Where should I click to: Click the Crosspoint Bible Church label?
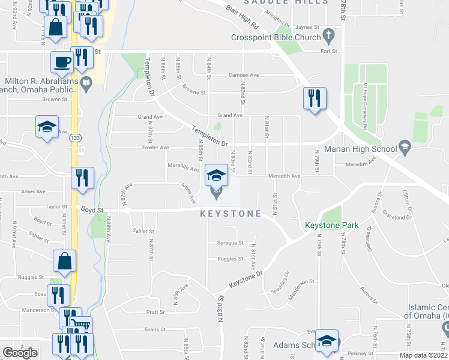[x=276, y=38]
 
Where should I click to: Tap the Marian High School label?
[x=360, y=149]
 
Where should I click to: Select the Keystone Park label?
[x=331, y=226]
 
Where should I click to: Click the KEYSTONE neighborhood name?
[x=231, y=214]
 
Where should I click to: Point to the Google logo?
[x=20, y=352]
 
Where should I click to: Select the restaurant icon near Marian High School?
[x=315, y=97]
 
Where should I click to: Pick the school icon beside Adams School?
[x=326, y=340]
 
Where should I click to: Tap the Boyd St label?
[x=92, y=209]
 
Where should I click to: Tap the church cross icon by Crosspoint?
[x=328, y=37]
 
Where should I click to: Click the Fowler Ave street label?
[x=155, y=147]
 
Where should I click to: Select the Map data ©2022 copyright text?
[x=423, y=355]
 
